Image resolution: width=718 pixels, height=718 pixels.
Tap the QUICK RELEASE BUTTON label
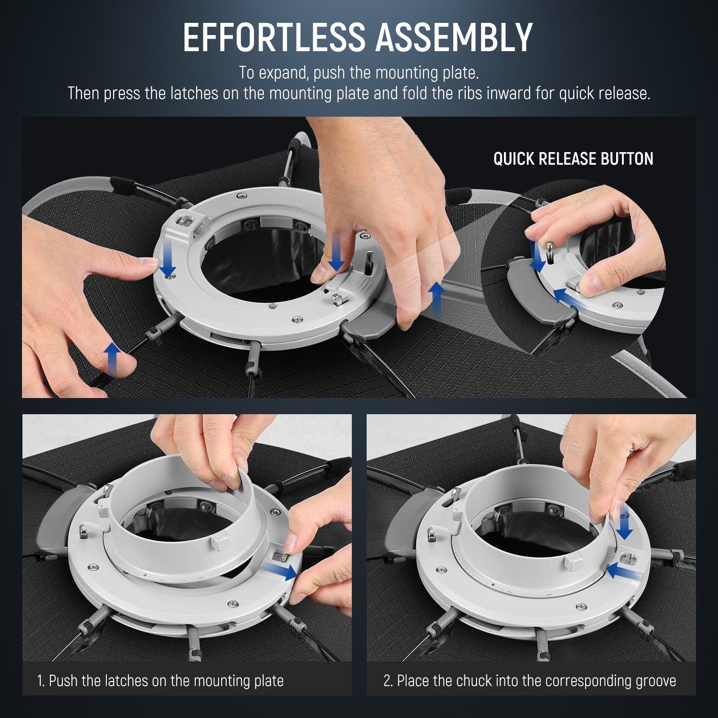(x=573, y=159)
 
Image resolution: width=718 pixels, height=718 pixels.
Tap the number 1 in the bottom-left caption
(x=40, y=681)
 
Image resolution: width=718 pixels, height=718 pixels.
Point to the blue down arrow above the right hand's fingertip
(x=337, y=254)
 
